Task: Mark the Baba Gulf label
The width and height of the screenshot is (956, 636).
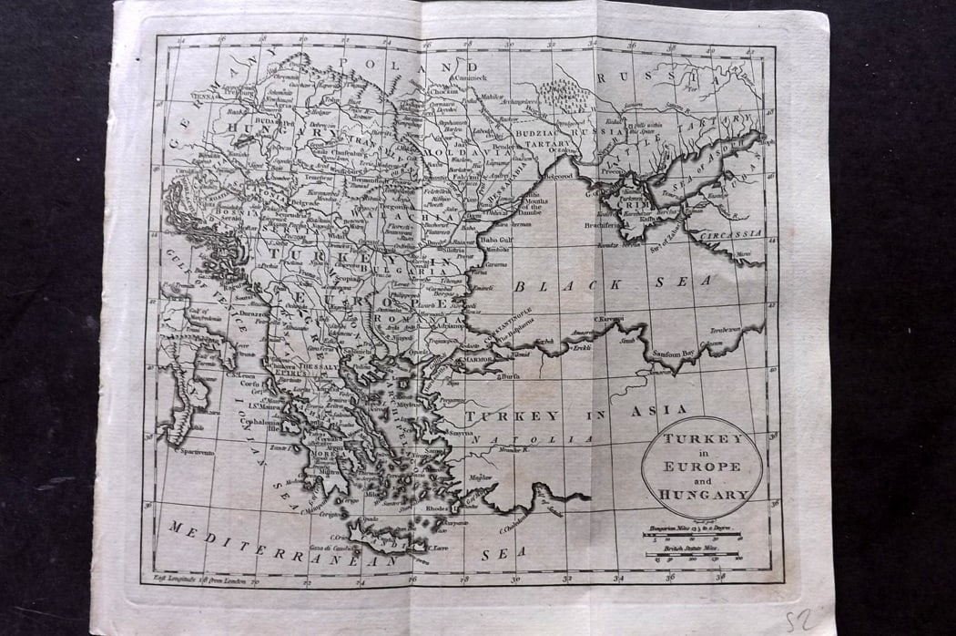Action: pyautogui.click(x=498, y=240)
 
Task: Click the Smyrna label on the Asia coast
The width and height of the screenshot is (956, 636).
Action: pyautogui.click(x=458, y=433)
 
